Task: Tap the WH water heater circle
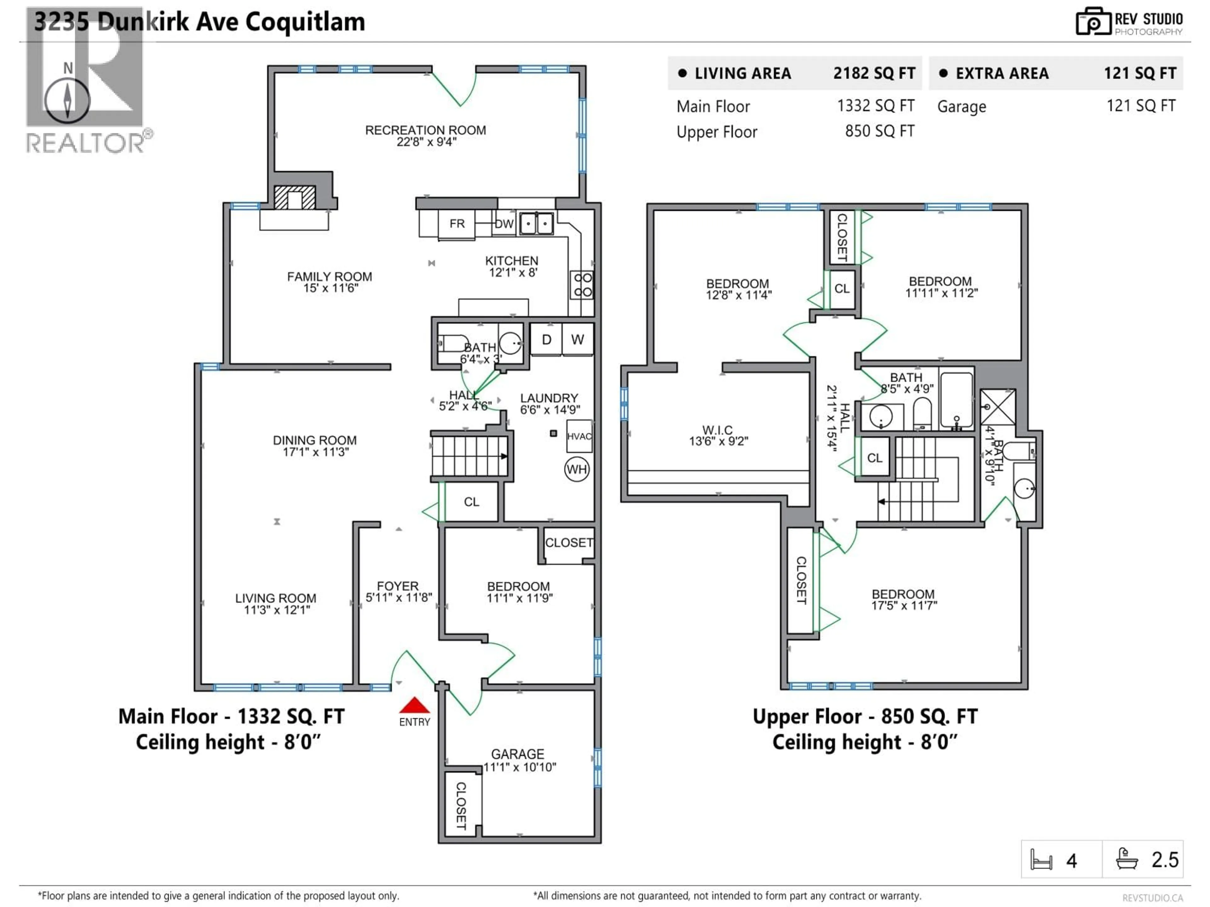pyautogui.click(x=577, y=469)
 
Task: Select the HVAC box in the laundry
pyautogui.click(x=579, y=436)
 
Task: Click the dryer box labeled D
pyautogui.click(x=546, y=339)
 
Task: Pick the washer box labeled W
pyautogui.click(x=577, y=339)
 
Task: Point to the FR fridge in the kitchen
pyautogui.click(x=457, y=224)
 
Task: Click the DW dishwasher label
pyautogui.click(x=504, y=224)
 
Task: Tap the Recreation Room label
pyautogui.click(x=426, y=130)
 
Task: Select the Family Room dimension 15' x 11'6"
pyautogui.click(x=331, y=288)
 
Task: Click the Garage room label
pyautogui.click(x=517, y=754)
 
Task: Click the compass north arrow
pyautogui.click(x=67, y=100)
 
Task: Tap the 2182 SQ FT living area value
pyautogui.click(x=873, y=73)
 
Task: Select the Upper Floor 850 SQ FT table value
pyautogui.click(x=879, y=131)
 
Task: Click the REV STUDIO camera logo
pyautogui.click(x=1093, y=22)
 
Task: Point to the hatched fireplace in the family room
pyautogui.click(x=294, y=198)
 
